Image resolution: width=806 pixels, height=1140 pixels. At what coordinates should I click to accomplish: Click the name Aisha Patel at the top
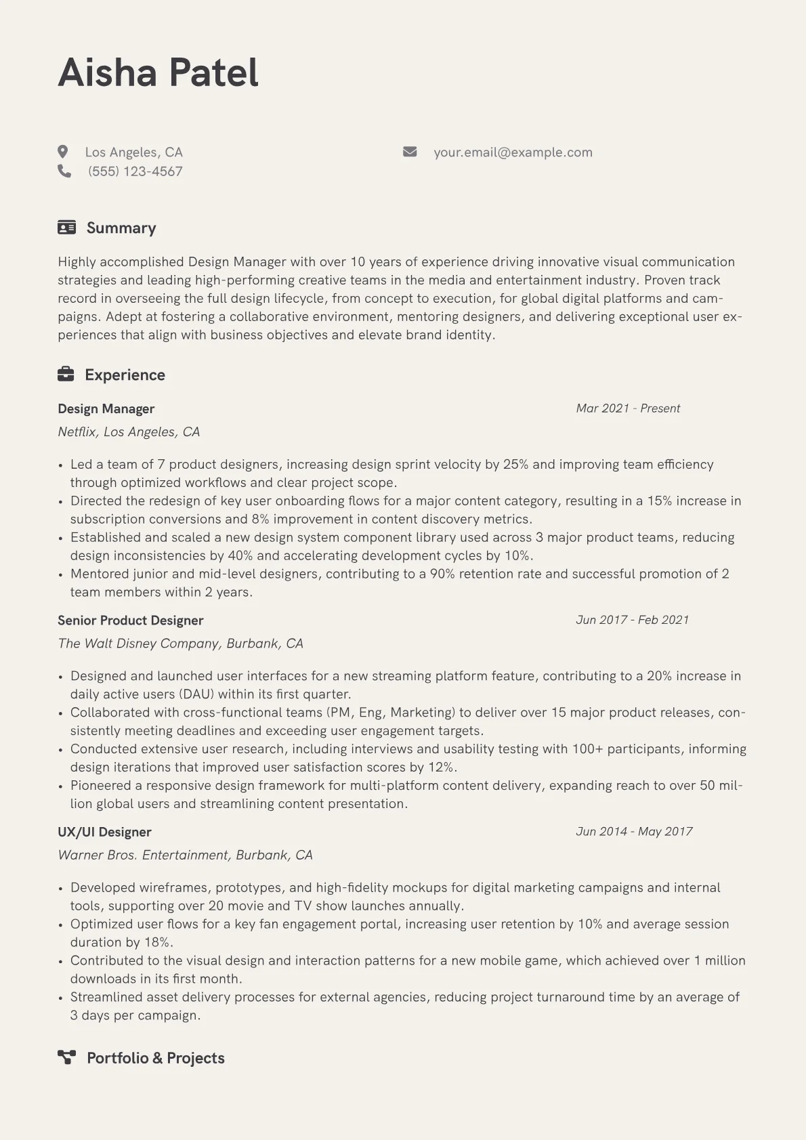pyautogui.click(x=158, y=72)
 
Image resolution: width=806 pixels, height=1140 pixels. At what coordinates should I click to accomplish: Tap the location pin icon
pyautogui.click(x=63, y=152)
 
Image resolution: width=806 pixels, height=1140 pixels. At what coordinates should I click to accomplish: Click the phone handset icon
pyautogui.click(x=64, y=171)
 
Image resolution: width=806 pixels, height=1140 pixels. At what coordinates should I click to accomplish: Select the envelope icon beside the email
pyautogui.click(x=410, y=152)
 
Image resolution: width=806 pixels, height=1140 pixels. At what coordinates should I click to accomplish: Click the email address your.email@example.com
pyautogui.click(x=513, y=152)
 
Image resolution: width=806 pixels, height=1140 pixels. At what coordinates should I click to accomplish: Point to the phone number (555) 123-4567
pyautogui.click(x=135, y=171)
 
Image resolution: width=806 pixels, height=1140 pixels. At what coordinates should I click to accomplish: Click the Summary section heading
pyautogui.click(x=121, y=228)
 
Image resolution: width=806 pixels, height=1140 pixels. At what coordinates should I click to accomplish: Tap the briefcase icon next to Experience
pyautogui.click(x=66, y=374)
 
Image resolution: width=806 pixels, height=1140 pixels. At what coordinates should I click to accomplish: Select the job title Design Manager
pyautogui.click(x=106, y=408)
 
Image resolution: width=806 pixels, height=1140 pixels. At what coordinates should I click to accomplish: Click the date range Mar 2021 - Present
pyautogui.click(x=628, y=408)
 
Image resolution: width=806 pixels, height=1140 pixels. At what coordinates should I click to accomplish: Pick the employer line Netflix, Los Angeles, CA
pyautogui.click(x=129, y=432)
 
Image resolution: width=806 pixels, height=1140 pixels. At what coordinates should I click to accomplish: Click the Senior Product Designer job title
pyautogui.click(x=131, y=620)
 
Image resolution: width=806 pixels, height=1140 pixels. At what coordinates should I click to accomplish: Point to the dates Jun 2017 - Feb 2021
pyautogui.click(x=632, y=620)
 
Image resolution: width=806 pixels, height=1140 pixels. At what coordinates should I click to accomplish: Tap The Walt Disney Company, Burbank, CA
pyautogui.click(x=180, y=643)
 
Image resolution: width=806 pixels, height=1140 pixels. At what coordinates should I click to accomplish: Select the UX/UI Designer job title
pyautogui.click(x=104, y=832)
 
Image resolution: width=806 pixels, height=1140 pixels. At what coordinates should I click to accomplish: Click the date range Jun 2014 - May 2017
pyautogui.click(x=634, y=832)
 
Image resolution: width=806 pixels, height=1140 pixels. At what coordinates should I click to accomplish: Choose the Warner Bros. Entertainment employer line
pyautogui.click(x=185, y=855)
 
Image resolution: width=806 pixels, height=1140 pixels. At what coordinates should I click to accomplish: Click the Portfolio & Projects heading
pyautogui.click(x=156, y=1058)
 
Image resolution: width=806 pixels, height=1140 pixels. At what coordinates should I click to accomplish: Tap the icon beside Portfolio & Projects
pyautogui.click(x=66, y=1057)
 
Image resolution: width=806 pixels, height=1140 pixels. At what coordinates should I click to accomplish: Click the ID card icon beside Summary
pyautogui.click(x=66, y=228)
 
